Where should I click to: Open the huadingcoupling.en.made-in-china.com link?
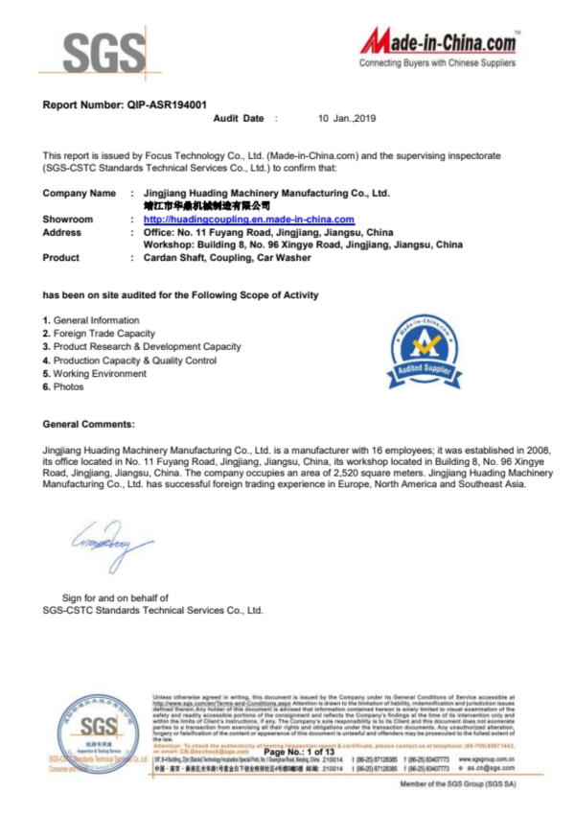coord(248,219)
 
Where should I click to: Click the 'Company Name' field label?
coord(80,193)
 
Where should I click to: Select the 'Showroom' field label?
coord(69,219)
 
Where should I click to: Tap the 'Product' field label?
coord(61,258)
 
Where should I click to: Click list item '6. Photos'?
coord(63,387)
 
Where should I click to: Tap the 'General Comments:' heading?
coord(89,423)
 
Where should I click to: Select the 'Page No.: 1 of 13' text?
coord(299,751)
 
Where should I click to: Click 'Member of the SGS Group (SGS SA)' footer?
coord(458,784)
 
